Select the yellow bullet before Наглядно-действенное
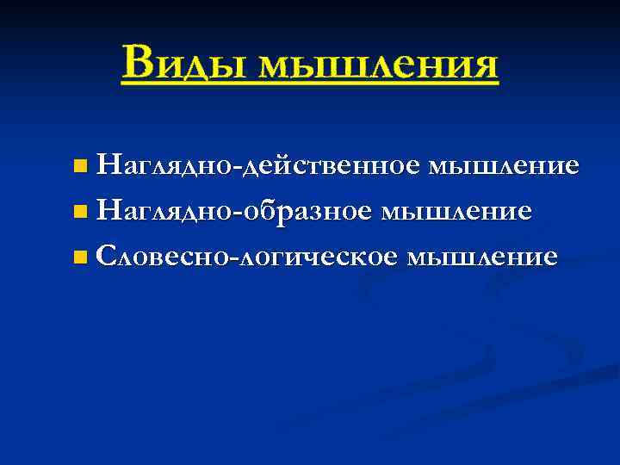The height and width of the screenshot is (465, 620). [80, 164]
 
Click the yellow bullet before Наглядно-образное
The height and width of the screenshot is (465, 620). [80, 209]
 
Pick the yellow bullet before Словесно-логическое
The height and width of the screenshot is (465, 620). [80, 256]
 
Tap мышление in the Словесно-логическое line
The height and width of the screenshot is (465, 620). [484, 256]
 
